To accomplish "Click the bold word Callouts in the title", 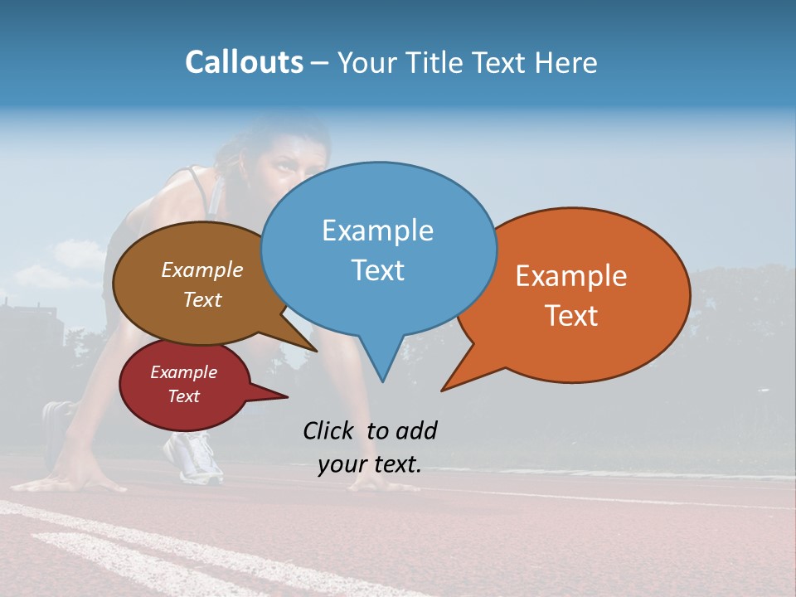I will pos(244,62).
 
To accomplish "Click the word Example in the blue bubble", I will pos(377,231).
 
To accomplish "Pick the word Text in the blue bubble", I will pos(377,270).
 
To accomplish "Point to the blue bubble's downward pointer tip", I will pos(382,381).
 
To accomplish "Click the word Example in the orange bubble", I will pos(571,276).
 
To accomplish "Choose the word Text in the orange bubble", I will pos(571,316).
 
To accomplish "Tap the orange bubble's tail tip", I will pos(443,390).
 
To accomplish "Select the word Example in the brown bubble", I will pos(202,270).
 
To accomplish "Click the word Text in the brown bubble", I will pos(202,300).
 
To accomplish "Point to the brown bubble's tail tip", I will pos(316,350).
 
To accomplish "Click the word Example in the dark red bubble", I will pos(183,372).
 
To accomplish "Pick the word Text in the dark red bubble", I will pos(183,396).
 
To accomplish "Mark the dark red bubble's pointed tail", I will pos(286,397).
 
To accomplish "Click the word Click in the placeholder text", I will pos(331,430).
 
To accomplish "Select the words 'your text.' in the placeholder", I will pos(370,464).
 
